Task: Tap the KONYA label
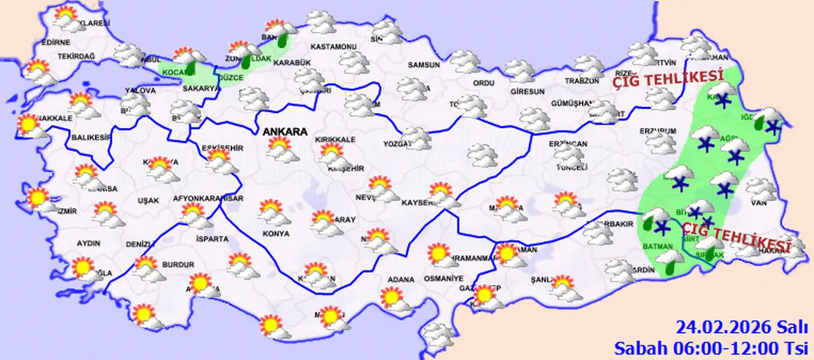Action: coord(275,233)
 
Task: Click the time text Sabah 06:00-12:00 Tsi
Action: coord(710,348)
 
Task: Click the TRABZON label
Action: coord(582,81)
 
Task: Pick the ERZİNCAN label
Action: coord(569,144)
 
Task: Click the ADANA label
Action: coord(401,279)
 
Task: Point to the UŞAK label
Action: coord(148,200)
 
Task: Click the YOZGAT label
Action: coord(397,144)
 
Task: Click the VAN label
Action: coord(759,204)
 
